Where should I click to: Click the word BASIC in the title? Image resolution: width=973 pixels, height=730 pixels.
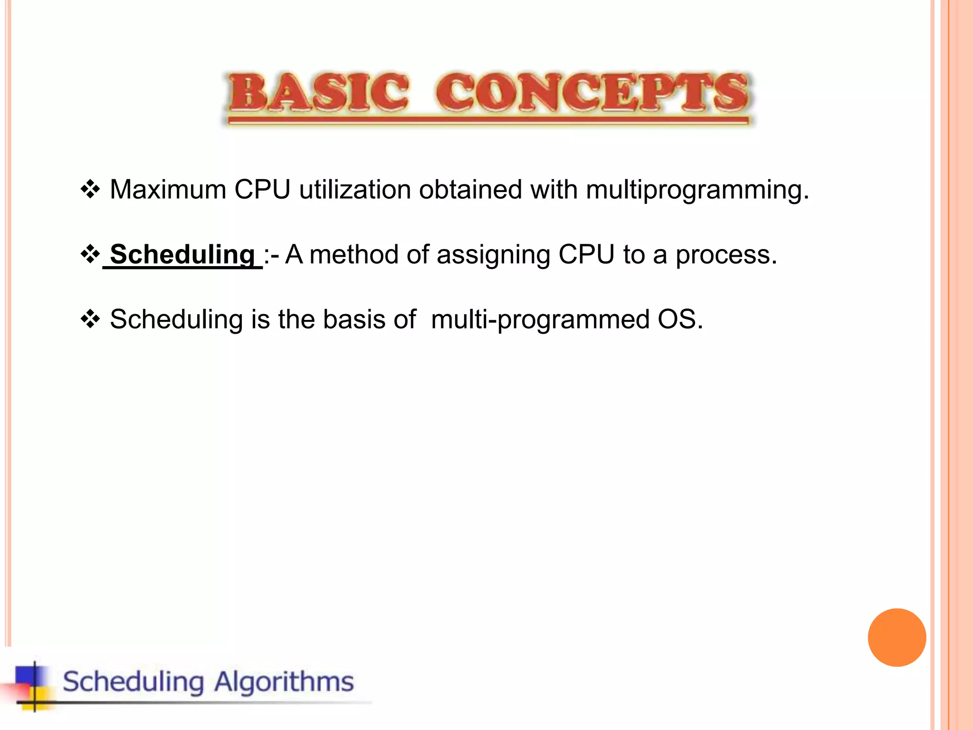318,93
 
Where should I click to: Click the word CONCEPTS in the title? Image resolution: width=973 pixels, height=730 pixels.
591,93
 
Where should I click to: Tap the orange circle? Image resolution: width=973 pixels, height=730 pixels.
897,637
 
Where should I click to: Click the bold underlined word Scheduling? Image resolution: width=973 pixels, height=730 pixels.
182,255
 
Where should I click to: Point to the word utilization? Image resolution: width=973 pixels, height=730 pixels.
354,190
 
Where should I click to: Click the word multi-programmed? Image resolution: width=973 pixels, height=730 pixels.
540,320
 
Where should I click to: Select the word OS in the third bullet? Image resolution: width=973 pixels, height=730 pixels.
678,319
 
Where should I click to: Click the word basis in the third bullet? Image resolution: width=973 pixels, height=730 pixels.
354,319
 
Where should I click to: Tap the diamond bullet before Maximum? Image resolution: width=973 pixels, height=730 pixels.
90,190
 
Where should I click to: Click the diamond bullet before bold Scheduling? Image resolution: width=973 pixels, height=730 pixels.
90,255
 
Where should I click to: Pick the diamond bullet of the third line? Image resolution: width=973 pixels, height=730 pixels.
90,319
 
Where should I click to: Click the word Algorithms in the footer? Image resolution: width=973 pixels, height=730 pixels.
284,682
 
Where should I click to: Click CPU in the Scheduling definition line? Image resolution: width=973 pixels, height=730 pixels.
586,255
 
